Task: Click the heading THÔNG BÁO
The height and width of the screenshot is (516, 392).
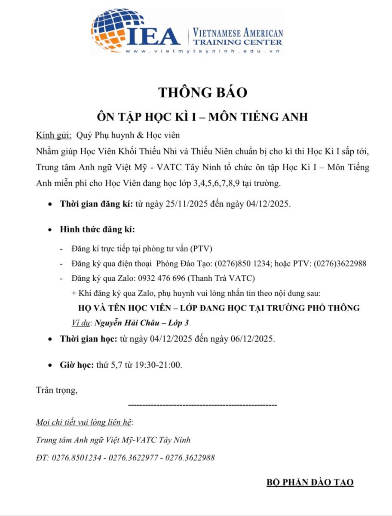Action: (x=203, y=92)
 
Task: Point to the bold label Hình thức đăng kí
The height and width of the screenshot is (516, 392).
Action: (x=97, y=229)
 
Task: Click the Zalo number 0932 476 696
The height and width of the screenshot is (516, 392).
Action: (x=162, y=278)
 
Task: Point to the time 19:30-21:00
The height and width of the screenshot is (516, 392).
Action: (x=153, y=365)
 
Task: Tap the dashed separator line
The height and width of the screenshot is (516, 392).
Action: (x=202, y=405)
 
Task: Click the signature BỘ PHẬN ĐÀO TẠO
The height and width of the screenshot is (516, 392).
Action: (x=310, y=482)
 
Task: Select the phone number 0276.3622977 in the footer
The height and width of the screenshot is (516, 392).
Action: (x=134, y=458)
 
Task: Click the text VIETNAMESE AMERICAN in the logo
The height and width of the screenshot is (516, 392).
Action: (x=238, y=33)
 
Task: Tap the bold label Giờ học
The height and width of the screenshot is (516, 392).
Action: (x=76, y=365)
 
